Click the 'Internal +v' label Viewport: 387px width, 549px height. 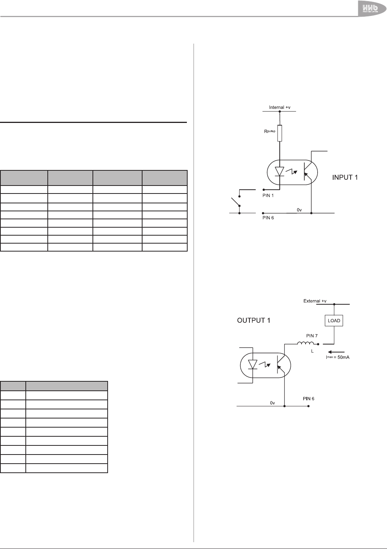click(279, 107)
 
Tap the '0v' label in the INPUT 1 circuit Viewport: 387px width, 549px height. click(299, 209)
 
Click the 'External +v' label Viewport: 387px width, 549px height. click(315, 301)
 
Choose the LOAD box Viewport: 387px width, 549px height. click(334, 321)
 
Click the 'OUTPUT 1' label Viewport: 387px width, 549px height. click(254, 321)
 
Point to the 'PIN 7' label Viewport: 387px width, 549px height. click(312, 336)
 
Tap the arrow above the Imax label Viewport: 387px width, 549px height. click(336, 351)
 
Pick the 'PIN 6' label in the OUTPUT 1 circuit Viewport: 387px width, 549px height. click(308, 399)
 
